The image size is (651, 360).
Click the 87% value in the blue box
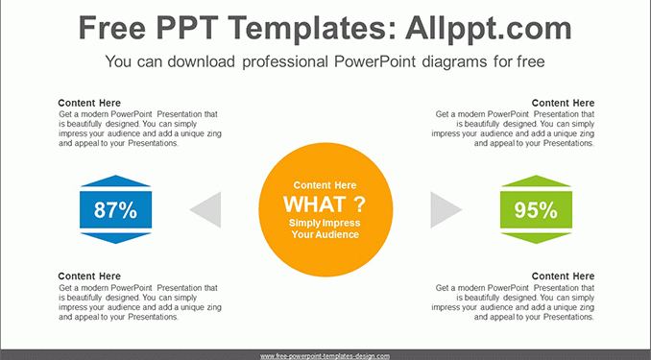click(115, 209)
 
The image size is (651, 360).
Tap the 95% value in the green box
click(536, 209)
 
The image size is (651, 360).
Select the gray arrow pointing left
click(205, 209)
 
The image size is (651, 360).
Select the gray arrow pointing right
click(446, 209)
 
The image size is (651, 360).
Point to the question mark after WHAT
click(359, 204)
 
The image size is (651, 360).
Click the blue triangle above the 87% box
click(115, 180)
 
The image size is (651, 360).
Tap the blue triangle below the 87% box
click(115, 238)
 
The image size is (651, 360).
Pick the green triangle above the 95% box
click(536, 180)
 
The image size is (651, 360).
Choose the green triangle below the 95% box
click(536, 238)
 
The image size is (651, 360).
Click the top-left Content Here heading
click(89, 103)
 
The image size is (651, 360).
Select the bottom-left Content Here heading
click(89, 276)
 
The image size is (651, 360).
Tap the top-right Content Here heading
click(563, 103)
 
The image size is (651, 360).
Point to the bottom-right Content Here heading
click(563, 276)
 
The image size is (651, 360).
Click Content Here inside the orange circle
click(325, 185)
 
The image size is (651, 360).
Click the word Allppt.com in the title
click(489, 28)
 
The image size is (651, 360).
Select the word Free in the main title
click(112, 28)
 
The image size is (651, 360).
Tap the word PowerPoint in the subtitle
click(374, 61)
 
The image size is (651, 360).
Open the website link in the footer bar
click(325, 356)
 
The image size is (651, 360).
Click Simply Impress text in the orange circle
click(325, 223)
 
